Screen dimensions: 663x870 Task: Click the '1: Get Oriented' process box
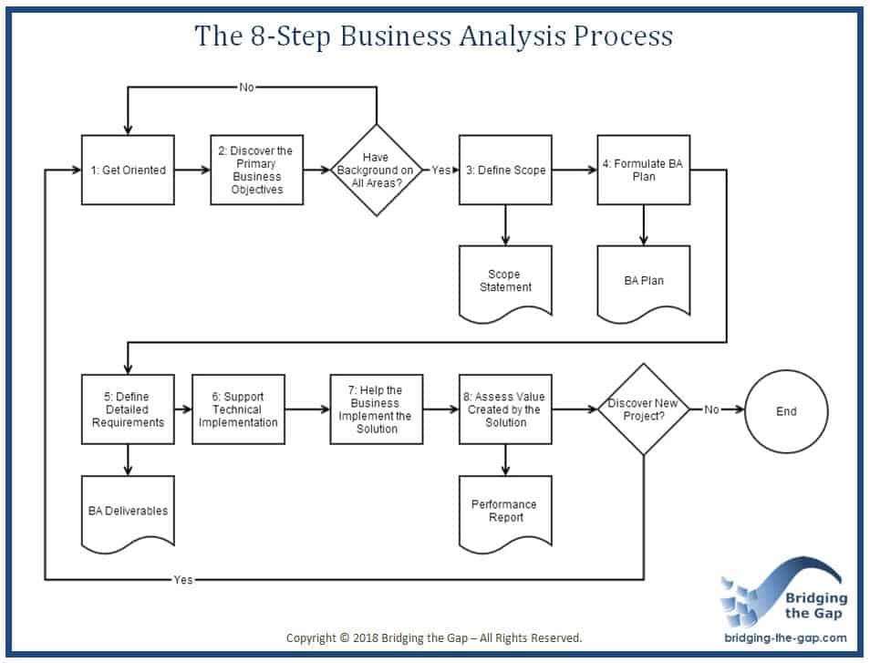128,171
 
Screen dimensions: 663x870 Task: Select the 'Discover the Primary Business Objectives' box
256,171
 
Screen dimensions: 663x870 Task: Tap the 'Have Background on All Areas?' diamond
376,171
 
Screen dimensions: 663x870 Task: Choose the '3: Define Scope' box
504,171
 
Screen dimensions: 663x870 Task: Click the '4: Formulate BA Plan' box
644,171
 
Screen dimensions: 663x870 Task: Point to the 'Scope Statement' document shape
504,280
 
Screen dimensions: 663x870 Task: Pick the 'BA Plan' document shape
644,281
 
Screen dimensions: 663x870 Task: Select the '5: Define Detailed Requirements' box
128,409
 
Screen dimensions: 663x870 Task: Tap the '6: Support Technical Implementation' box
238,409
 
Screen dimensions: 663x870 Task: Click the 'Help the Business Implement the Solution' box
376,409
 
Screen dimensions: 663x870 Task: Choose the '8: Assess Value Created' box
504,409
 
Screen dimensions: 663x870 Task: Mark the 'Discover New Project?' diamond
644,409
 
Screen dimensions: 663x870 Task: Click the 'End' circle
786,410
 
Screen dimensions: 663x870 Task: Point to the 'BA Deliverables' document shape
128,511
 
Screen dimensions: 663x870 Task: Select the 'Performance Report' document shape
504,511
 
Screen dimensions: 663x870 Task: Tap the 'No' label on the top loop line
246,87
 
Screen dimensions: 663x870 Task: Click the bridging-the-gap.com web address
785,638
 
